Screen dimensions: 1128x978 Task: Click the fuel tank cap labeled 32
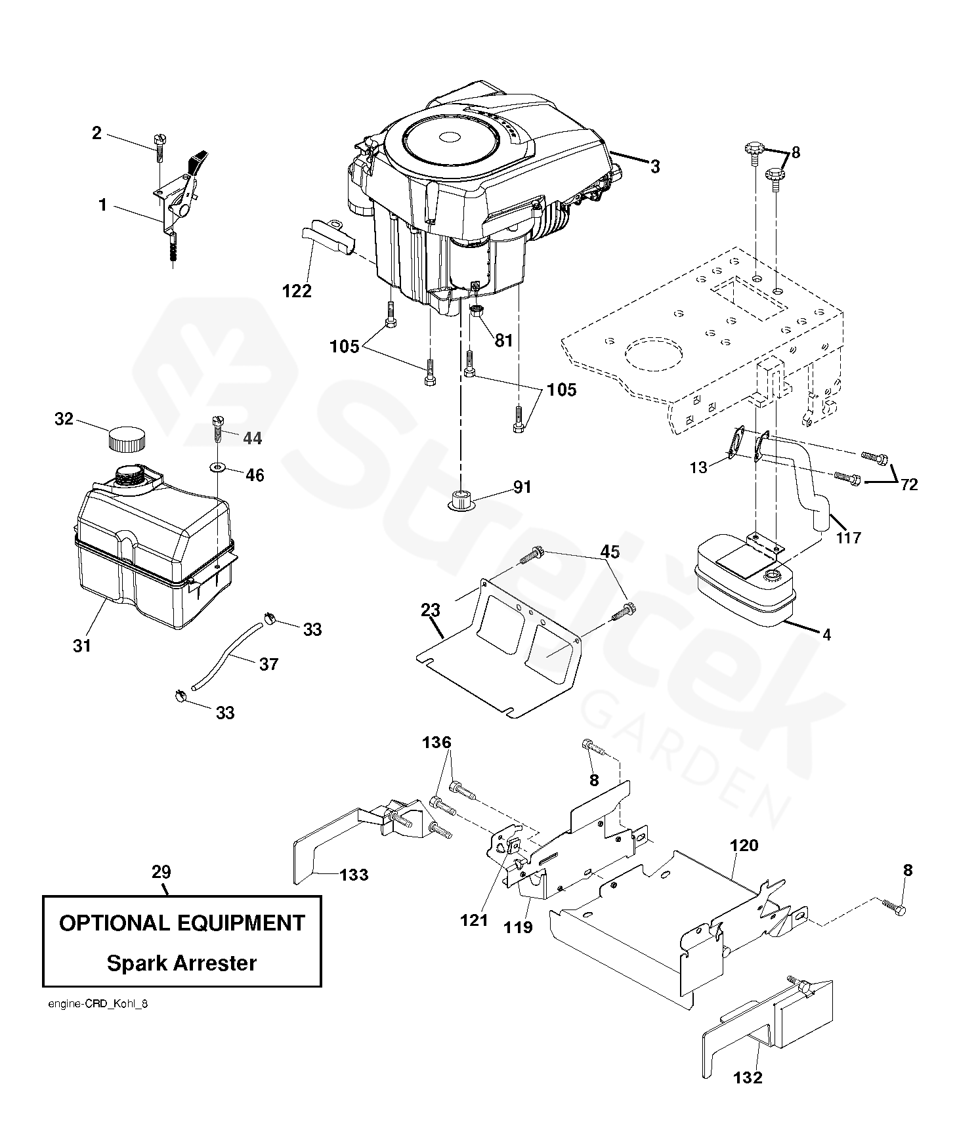coord(126,438)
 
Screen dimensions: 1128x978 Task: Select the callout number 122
coord(297,290)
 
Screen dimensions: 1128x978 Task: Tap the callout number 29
coord(161,872)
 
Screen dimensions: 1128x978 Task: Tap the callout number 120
coord(744,845)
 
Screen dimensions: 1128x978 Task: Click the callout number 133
coord(354,874)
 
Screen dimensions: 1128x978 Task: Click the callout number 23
coord(430,610)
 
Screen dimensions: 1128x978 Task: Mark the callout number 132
coord(748,1077)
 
